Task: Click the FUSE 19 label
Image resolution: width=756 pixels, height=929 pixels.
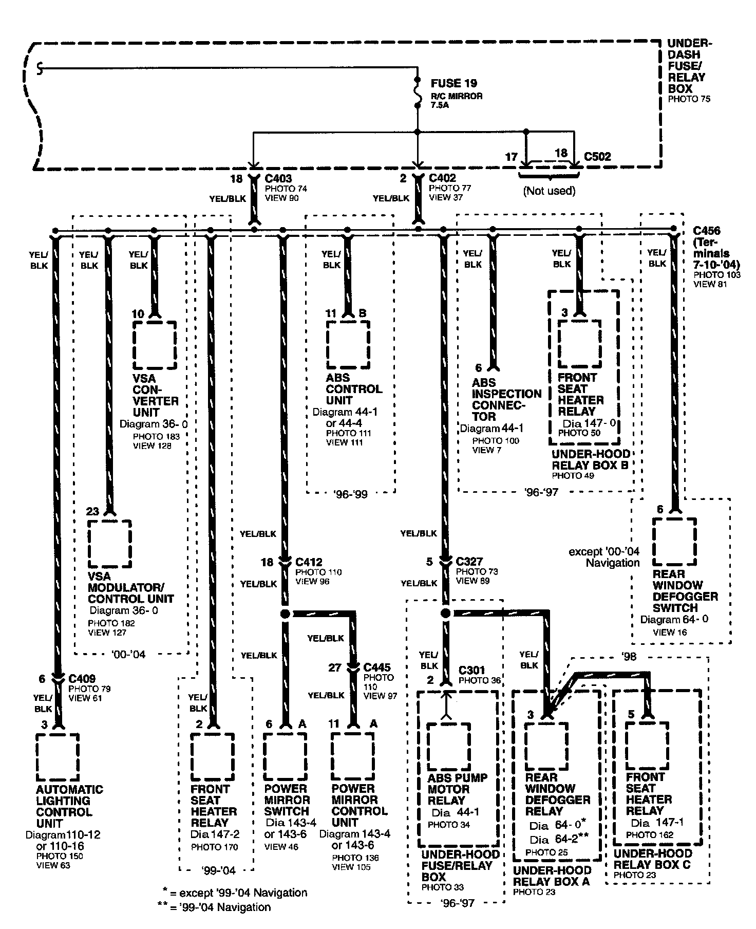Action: pos(453,83)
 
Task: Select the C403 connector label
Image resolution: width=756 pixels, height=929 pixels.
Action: pos(278,179)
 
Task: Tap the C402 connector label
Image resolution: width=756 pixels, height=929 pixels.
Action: pos(442,178)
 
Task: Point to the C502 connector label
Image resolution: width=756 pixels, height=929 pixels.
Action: pos(597,157)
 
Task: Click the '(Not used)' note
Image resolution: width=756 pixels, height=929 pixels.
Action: pos(549,191)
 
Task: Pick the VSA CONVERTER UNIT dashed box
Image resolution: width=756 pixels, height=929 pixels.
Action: pos(154,345)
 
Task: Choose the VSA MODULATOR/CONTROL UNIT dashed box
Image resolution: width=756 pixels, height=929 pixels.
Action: pos(109,543)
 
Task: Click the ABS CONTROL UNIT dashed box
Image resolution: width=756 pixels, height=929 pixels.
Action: pos(348,345)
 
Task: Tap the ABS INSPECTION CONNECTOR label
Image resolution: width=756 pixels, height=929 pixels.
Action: pos(506,399)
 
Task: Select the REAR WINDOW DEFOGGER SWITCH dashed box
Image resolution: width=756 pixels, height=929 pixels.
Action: pos(674,542)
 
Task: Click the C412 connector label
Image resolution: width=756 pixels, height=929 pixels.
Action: pos(309,562)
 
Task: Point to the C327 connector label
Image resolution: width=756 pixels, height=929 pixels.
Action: pos(469,562)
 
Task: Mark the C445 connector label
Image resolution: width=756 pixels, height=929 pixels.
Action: pos(377,667)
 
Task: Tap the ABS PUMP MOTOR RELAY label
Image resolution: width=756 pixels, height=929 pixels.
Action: pos(457,789)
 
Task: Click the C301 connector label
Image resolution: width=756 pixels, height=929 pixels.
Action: pos(471,670)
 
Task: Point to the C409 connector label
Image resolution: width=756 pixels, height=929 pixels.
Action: pos(82,679)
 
